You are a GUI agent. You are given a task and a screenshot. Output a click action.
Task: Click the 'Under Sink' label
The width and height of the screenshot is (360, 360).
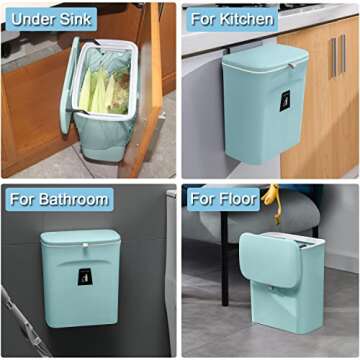coord(51,19)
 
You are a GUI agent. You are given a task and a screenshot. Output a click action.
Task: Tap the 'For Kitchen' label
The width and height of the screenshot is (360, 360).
coord(231,18)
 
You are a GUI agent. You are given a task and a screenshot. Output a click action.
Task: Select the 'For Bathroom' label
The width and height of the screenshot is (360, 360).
coord(58,198)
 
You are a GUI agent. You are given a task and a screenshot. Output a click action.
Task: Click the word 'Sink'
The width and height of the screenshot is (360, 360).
coord(76,19)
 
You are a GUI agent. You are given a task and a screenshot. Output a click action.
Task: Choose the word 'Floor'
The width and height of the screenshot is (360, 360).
coord(237,198)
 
